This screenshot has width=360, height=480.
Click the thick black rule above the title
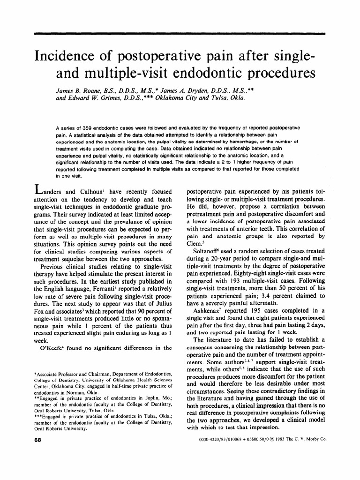click(x=180, y=34)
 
